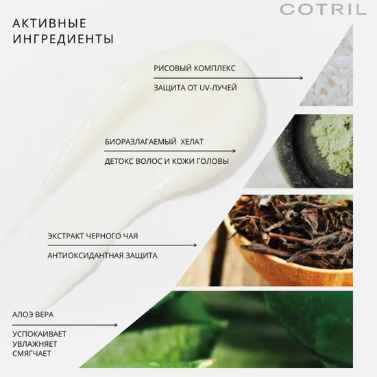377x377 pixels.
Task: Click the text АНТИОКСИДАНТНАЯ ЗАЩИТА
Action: [x=102, y=256]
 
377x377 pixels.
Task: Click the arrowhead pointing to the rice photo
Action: [x=300, y=78]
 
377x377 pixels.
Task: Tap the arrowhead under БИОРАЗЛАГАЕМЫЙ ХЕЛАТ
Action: [x=233, y=151]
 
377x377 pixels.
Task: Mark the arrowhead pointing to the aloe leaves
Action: [x=115, y=325]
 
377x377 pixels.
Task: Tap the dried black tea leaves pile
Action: [x=288, y=226]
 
